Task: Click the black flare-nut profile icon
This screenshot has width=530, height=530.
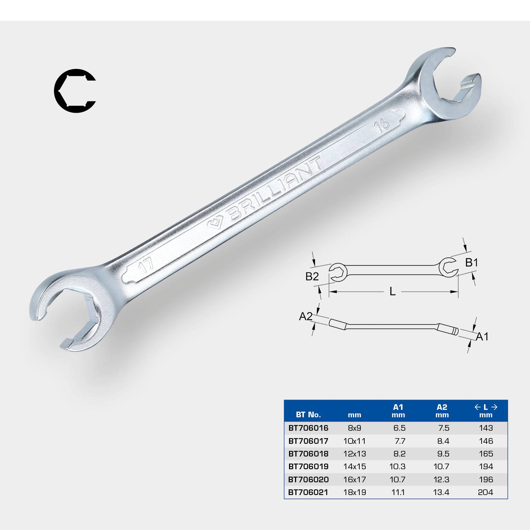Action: click(75, 92)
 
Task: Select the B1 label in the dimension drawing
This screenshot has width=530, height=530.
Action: click(471, 263)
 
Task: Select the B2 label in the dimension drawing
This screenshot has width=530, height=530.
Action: click(312, 276)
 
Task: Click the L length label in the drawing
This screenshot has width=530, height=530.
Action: click(392, 291)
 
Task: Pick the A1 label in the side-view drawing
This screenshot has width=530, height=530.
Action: click(482, 336)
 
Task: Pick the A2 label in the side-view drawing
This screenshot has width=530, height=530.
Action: click(306, 316)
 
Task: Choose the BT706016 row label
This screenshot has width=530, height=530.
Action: click(308, 428)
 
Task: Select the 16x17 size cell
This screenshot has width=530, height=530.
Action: click(354, 479)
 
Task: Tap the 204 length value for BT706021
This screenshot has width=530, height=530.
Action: click(485, 492)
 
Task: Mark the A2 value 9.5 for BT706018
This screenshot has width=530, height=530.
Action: click(442, 454)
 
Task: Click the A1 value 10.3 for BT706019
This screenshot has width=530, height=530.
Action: click(397, 466)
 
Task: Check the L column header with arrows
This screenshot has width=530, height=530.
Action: click(485, 411)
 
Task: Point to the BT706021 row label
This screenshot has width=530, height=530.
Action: click(308, 492)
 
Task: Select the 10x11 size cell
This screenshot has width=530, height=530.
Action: click(354, 441)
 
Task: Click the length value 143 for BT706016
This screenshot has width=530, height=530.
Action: click(485, 428)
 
